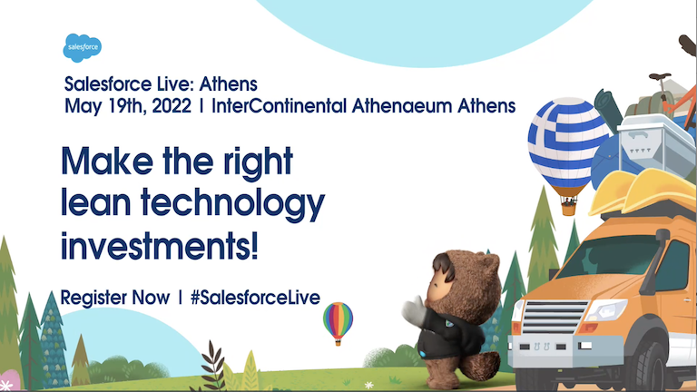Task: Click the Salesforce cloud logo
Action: point(82,45)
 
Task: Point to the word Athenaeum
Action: point(404,105)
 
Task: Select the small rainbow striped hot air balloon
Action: point(339,318)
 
